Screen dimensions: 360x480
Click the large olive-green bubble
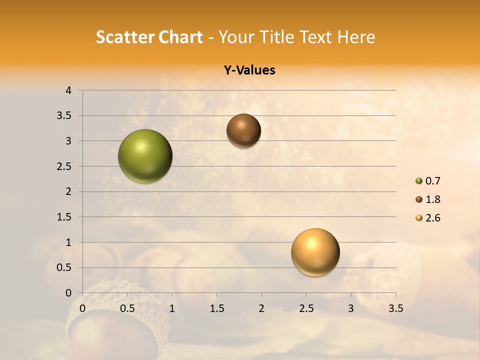pos(145,156)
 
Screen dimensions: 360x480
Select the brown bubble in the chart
pos(243,130)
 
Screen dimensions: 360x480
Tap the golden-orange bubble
pos(315,252)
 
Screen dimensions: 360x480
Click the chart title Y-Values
pos(249,70)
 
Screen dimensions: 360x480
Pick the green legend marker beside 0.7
pos(419,181)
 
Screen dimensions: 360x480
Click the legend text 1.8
pos(432,199)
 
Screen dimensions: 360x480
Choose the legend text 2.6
pos(432,218)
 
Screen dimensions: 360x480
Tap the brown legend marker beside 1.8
pos(419,199)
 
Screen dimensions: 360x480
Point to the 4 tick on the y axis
pos(68,90)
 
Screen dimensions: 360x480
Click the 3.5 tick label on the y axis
pos(65,116)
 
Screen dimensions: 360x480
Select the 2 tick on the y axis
pos(68,191)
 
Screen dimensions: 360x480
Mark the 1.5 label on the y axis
pos(65,217)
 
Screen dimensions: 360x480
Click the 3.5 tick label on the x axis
pos(395,308)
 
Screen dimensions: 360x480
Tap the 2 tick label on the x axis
pos(261,308)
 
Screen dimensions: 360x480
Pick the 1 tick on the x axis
pos(172,308)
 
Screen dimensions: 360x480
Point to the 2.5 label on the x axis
pos(306,308)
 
